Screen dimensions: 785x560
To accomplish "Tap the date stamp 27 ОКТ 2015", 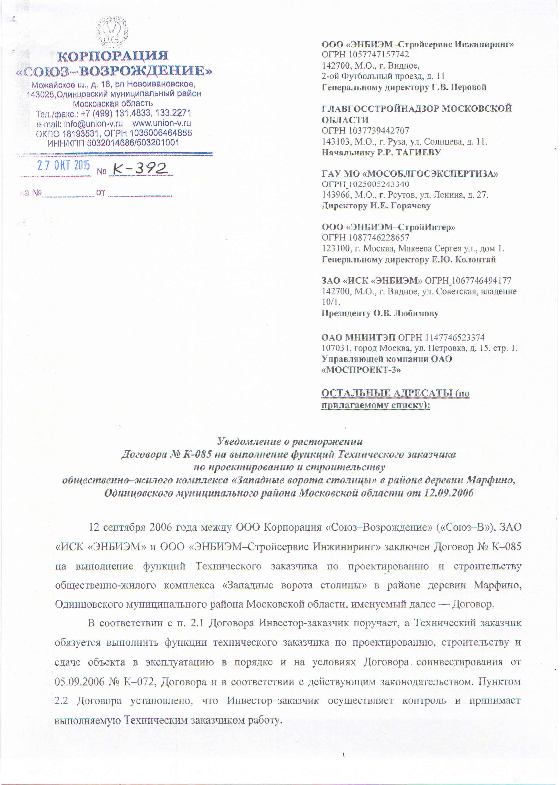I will pos(63,166).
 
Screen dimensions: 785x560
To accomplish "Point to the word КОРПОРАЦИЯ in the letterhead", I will pos(112,55).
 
